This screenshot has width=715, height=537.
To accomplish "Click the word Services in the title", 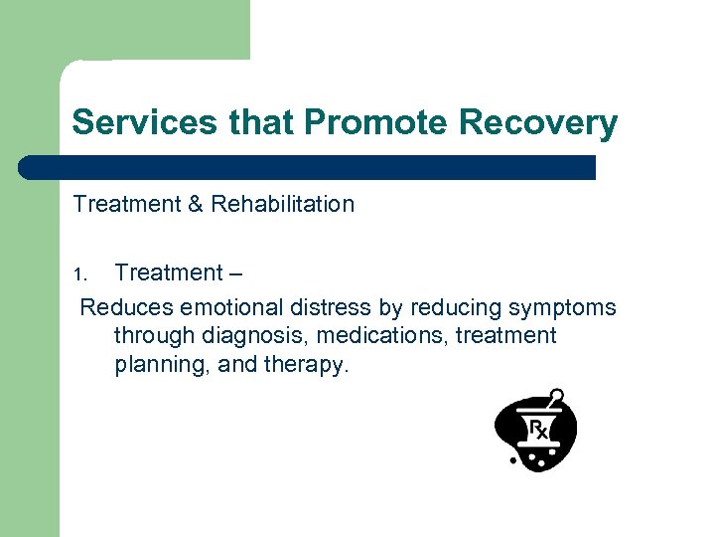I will [x=144, y=122].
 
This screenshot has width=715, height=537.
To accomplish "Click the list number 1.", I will [x=81, y=273].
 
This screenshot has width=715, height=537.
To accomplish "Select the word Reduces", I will [x=123, y=307].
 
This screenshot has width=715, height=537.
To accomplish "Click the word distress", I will [x=316, y=307].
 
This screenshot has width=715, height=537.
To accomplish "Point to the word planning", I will [x=158, y=365].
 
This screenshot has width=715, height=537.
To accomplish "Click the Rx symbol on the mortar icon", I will [x=537, y=430].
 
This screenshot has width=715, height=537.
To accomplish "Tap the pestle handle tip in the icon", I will [x=558, y=394].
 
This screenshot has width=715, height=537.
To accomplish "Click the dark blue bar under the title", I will [x=308, y=167].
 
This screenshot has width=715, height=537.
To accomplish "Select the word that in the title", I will [x=264, y=122].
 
